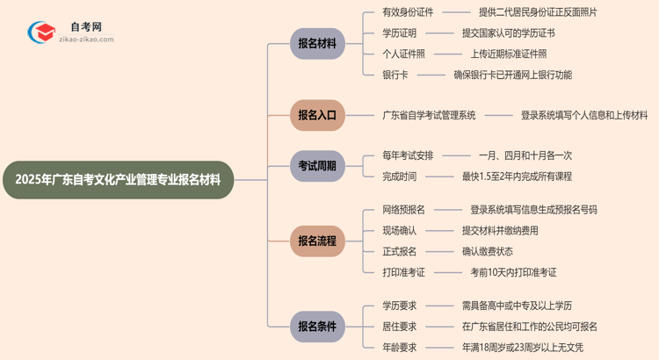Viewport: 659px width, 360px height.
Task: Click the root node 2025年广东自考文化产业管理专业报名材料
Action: click(x=119, y=180)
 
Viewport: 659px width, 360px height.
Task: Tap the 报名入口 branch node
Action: click(x=316, y=115)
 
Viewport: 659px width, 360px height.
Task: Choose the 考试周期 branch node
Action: click(x=316, y=166)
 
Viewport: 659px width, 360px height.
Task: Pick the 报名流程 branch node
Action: click(x=316, y=241)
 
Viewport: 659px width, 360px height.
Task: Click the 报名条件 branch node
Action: click(x=316, y=327)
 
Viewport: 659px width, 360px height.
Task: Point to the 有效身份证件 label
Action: click(x=408, y=12)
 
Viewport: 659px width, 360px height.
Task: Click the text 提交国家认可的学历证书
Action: click(x=508, y=33)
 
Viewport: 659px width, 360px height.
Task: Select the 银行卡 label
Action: click(x=395, y=76)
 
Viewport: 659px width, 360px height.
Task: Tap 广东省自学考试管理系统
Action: click(x=429, y=115)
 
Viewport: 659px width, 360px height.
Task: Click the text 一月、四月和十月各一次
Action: click(x=525, y=155)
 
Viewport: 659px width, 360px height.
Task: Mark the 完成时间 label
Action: click(x=400, y=176)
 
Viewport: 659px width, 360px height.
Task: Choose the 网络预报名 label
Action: click(x=403, y=210)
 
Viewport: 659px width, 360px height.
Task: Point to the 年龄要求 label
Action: click(x=400, y=348)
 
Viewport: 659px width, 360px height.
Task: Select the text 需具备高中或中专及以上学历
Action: click(x=517, y=306)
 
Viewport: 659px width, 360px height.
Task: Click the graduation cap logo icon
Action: click(x=41, y=32)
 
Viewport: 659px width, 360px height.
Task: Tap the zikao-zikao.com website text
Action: click(x=91, y=40)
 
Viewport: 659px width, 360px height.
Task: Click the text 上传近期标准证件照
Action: click(x=513, y=54)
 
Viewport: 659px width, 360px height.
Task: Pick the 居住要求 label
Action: click(x=400, y=327)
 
